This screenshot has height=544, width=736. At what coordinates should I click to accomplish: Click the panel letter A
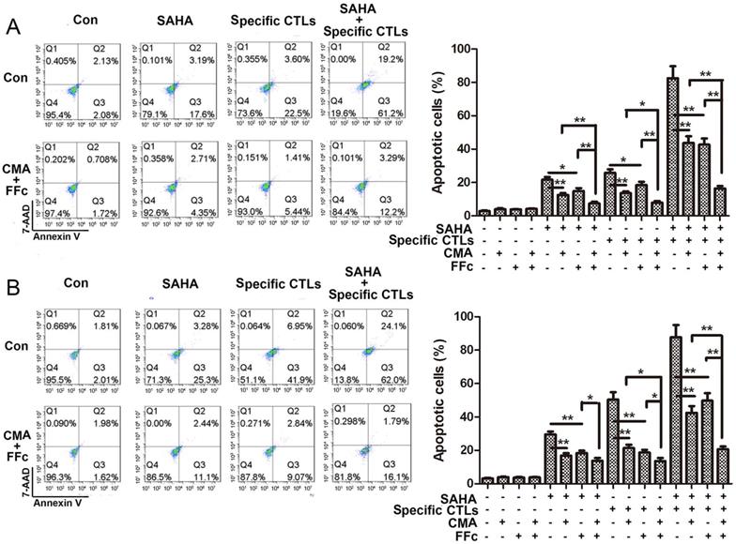(14, 28)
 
